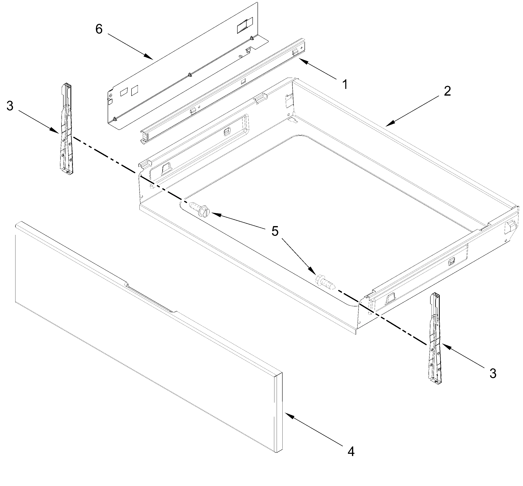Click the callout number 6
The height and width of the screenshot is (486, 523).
point(99,29)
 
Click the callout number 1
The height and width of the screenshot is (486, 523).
point(345,85)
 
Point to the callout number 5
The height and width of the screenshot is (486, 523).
point(275,231)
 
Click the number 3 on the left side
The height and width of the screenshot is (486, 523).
point(10,106)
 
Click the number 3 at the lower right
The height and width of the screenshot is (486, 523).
point(493,373)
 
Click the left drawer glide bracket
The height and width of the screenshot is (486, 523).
point(66,129)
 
